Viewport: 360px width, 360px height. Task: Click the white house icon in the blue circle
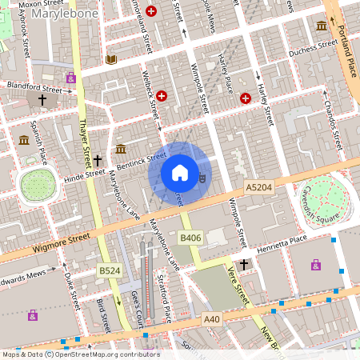(180, 172)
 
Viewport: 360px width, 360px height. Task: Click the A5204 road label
(259, 187)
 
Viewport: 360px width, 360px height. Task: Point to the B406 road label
(190, 238)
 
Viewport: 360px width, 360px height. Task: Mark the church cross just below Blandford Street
(42, 100)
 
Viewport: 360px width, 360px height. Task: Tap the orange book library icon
(110, 59)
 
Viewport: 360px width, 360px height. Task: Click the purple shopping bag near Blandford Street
(71, 78)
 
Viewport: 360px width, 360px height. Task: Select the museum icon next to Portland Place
(322, 26)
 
